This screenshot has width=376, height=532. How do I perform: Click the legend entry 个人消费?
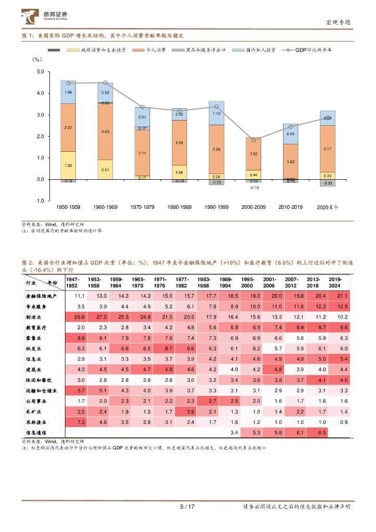[155, 50]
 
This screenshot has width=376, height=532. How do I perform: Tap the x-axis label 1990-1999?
[216, 207]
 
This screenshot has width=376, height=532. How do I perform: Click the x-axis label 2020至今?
[327, 207]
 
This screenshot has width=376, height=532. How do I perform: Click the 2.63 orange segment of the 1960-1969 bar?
[105, 132]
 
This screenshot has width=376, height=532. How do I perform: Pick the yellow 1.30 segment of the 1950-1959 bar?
[68, 165]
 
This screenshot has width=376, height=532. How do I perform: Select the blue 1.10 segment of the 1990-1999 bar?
[216, 113]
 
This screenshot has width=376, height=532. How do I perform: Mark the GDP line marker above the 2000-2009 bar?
[253, 140]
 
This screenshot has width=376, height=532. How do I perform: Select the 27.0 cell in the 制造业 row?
[102, 317]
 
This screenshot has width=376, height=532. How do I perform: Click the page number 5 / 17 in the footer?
[186, 507]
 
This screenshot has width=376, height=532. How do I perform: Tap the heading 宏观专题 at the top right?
[338, 22]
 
